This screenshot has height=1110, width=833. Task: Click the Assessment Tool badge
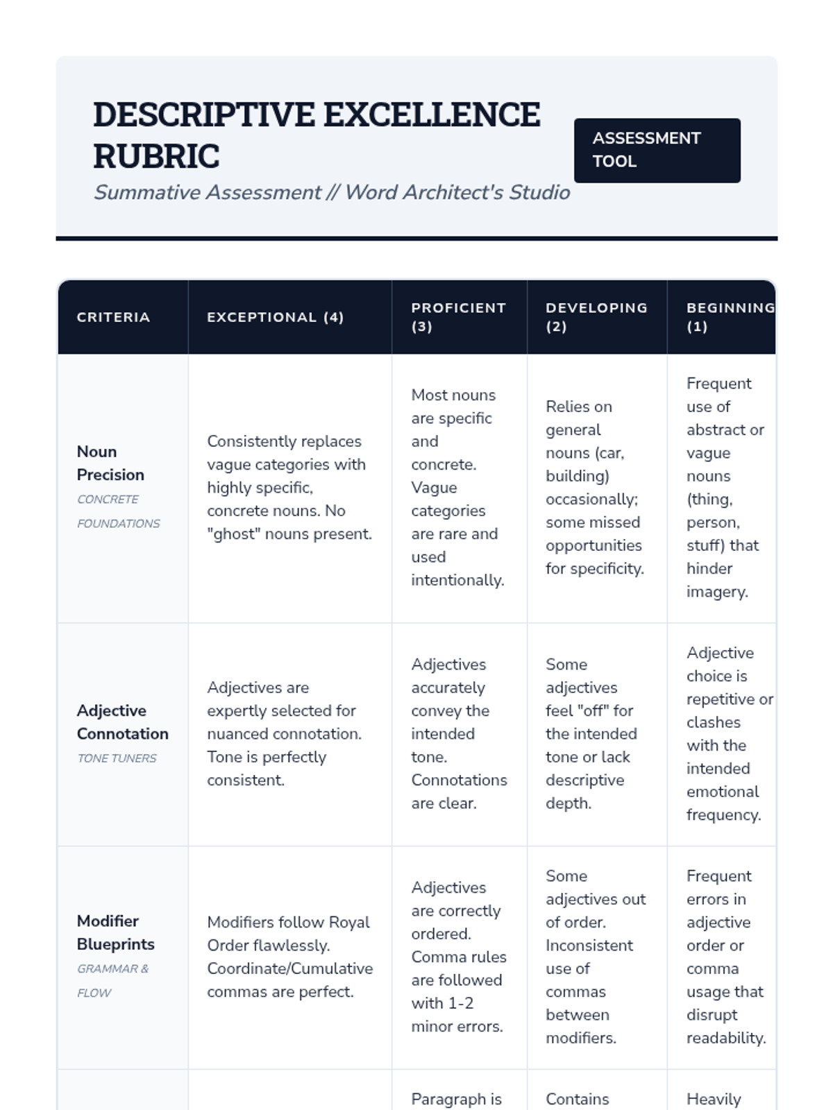click(x=657, y=150)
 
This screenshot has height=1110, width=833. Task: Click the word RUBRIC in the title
click(x=156, y=156)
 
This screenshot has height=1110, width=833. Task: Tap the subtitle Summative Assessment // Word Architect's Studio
click(x=332, y=192)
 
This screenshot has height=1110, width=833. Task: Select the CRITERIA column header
click(x=113, y=317)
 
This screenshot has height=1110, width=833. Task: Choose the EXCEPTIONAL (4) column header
click(x=275, y=317)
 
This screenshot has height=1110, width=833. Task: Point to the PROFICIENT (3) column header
click(x=458, y=317)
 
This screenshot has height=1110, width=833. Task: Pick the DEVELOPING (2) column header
click(x=596, y=317)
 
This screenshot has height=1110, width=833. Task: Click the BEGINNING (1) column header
click(x=729, y=317)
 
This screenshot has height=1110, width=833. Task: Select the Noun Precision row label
click(x=110, y=463)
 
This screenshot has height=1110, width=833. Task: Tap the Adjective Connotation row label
click(x=122, y=721)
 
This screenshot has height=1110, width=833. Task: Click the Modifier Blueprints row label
click(x=115, y=932)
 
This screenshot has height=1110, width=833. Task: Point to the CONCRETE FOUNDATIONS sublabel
click(x=118, y=511)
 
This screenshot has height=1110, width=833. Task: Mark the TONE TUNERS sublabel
click(x=117, y=758)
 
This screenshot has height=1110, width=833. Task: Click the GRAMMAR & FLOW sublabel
click(x=112, y=980)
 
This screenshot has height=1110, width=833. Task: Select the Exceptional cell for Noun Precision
click(x=289, y=488)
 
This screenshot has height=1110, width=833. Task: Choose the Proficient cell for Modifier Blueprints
click(x=458, y=957)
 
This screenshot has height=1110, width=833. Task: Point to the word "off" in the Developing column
click(x=590, y=710)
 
